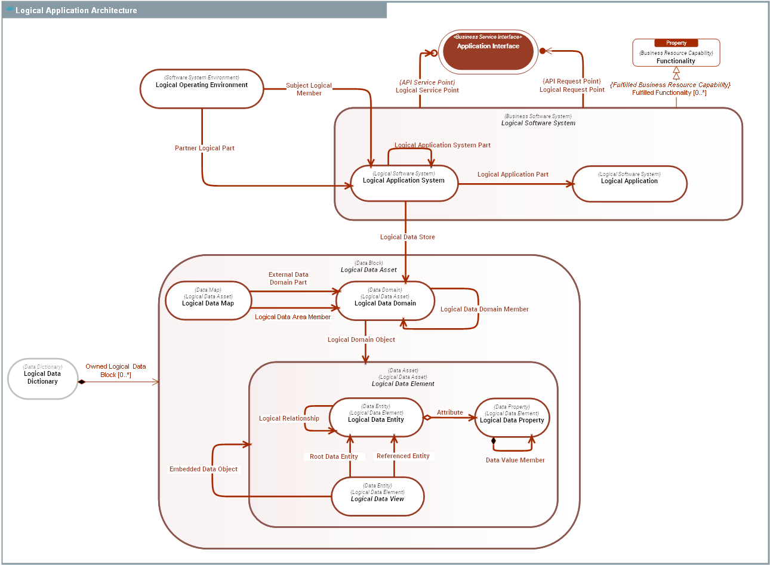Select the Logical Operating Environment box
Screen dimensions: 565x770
(x=202, y=89)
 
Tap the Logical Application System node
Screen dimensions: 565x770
(x=404, y=183)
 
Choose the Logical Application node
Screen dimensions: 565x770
(x=629, y=184)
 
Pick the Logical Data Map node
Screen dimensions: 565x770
(x=208, y=301)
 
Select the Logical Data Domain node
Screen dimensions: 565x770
(x=385, y=301)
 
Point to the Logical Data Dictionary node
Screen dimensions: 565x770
(x=42, y=378)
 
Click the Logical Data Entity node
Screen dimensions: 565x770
(x=376, y=417)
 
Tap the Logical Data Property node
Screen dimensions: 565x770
(x=512, y=418)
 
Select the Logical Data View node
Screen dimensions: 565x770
(x=377, y=496)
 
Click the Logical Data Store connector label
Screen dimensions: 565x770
(x=408, y=237)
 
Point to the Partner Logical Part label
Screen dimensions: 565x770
(x=205, y=148)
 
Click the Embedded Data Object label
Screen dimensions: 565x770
(x=204, y=469)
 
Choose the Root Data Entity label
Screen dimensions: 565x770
(x=334, y=456)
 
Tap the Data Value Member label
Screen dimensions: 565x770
(x=515, y=460)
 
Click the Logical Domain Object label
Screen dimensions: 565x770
(x=361, y=339)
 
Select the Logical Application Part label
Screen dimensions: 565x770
(x=513, y=174)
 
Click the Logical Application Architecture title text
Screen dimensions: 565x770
(x=76, y=10)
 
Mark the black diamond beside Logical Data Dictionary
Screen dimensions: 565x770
(x=82, y=382)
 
